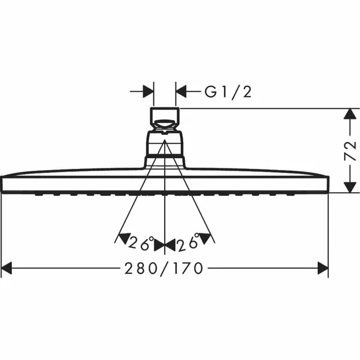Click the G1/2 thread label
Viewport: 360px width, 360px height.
tap(228, 92)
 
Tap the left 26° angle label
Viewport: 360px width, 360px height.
tap(141, 244)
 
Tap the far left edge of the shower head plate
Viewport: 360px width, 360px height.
tap(2, 184)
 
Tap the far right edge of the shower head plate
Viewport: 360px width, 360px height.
tap(327, 184)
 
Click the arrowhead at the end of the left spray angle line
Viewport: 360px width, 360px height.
tap(122, 239)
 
